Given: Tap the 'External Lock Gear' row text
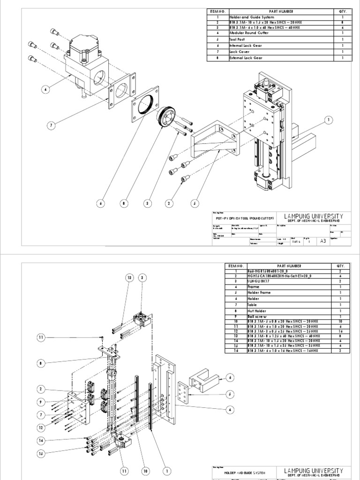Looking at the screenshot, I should [247, 58].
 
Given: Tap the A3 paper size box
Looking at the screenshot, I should [322, 241].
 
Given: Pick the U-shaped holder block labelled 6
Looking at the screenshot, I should [202, 382].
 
